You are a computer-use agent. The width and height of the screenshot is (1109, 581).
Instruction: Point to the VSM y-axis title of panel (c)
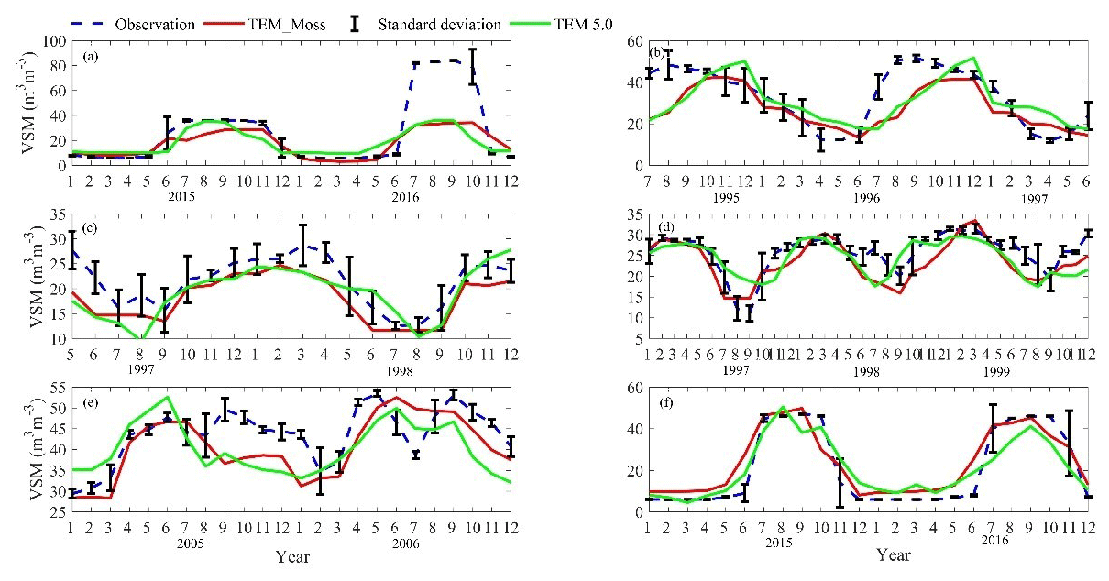pyautogui.click(x=16, y=275)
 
